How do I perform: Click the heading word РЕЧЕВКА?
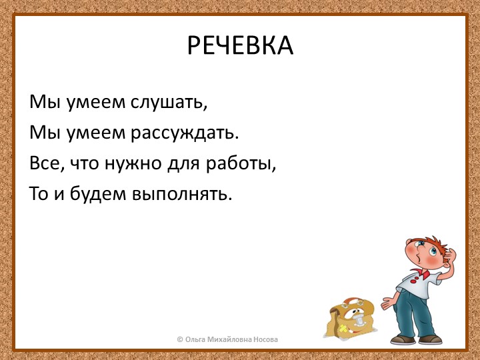(x=240, y=45)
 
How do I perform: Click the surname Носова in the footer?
(x=265, y=339)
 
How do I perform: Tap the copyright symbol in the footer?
(x=180, y=339)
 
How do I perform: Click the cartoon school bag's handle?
(x=352, y=299)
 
